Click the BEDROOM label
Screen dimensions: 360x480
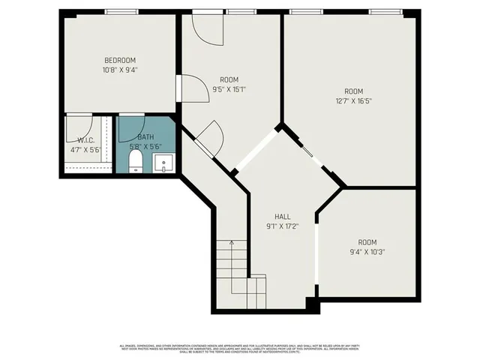pos(120,60)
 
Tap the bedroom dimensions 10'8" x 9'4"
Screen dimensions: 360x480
pos(120,70)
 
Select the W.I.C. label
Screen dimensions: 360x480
pos(85,139)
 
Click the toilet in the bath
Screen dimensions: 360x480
pos(136,162)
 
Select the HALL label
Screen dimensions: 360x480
pos(282,215)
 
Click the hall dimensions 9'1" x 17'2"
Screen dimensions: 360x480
pos(282,225)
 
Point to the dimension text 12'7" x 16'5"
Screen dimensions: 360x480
pos(352,99)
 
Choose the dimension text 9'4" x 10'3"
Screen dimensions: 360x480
pos(367,252)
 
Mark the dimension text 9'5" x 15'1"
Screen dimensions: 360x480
pos(229,89)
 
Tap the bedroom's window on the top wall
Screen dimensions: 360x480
pos(121,11)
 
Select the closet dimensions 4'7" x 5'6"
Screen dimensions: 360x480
pos(85,148)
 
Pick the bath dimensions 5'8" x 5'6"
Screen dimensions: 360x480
pos(145,147)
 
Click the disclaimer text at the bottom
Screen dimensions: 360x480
pos(240,348)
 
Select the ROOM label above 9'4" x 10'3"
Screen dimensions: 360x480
pos(367,242)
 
